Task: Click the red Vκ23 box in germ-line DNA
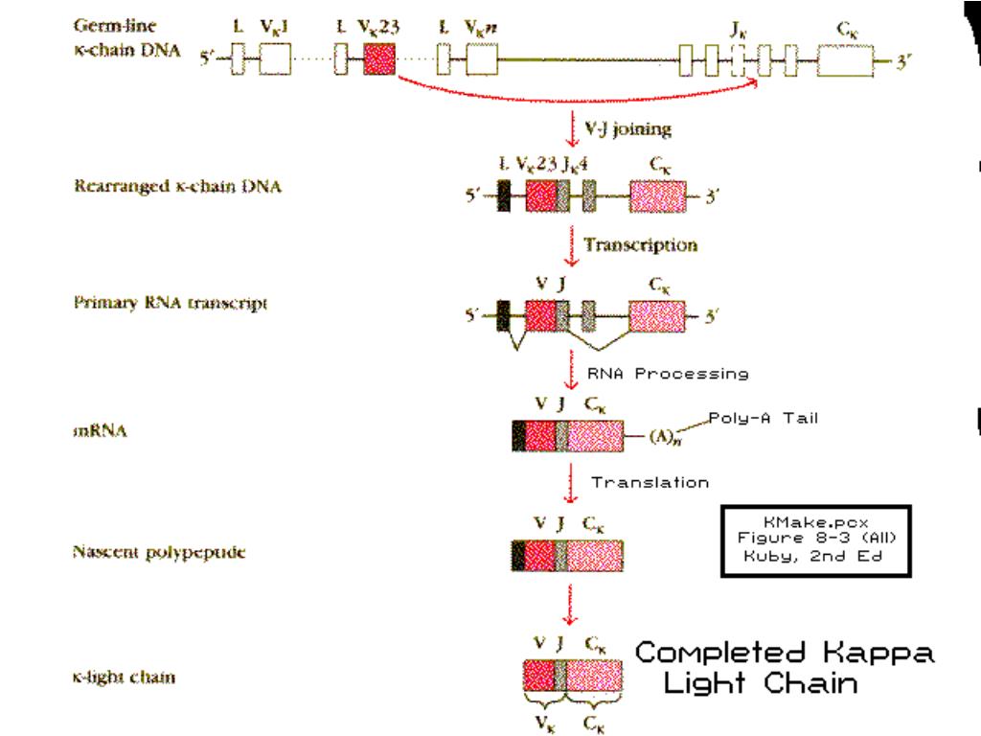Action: point(379,60)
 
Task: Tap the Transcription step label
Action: point(640,244)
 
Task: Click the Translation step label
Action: point(650,482)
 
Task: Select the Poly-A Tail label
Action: point(764,418)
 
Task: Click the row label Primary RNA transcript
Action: point(171,303)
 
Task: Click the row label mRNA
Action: point(101,431)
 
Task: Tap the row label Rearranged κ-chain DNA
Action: point(178,186)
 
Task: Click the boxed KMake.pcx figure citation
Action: point(815,540)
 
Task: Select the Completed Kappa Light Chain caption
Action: point(784,668)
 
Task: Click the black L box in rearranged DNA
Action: point(503,196)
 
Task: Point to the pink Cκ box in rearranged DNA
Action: point(657,196)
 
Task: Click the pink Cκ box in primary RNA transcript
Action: point(657,314)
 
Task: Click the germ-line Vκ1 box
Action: point(275,60)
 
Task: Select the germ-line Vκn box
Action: point(482,60)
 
